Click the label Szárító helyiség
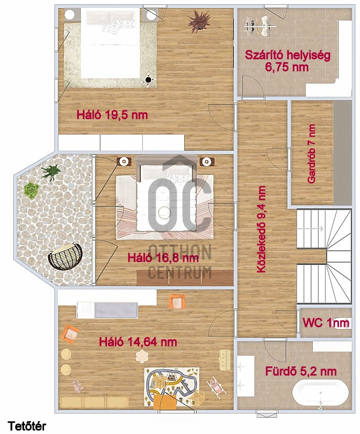[x=287, y=55]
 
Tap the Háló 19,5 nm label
[x=112, y=115]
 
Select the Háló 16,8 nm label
[x=163, y=258]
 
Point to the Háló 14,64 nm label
[x=138, y=342]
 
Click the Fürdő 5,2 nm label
[x=301, y=371]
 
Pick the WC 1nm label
[x=326, y=323]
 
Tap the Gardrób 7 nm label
[x=311, y=153]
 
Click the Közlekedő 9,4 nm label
[x=261, y=229]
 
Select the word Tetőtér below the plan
[x=27, y=426]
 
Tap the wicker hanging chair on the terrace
[x=66, y=256]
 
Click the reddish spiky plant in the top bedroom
[x=199, y=22]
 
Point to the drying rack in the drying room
[x=260, y=26]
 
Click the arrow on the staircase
[x=310, y=229]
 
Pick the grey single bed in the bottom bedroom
[x=108, y=310]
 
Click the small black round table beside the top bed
[x=149, y=79]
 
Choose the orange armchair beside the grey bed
[x=177, y=302]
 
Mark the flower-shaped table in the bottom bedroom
[x=142, y=356]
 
